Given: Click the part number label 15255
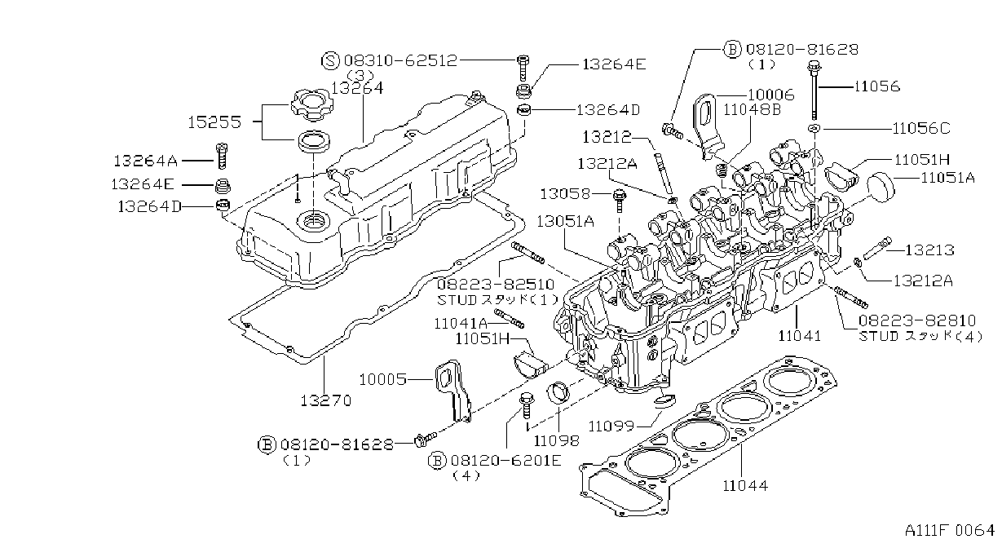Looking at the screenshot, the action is (214, 122).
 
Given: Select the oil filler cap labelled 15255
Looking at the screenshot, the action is (311, 105).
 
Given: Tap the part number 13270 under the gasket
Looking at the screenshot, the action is (325, 400).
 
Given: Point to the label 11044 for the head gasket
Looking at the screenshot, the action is (745, 485).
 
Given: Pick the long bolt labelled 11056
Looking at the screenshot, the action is (814, 91).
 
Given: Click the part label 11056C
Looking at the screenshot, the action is (921, 129).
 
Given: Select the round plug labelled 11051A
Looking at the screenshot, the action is (881, 187).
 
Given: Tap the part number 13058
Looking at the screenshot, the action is (565, 194).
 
